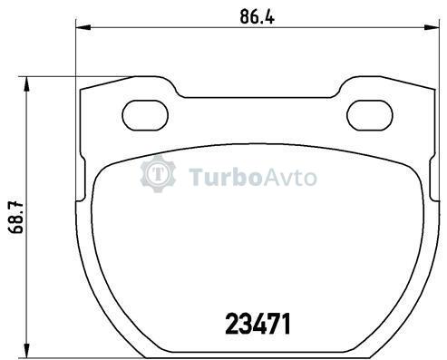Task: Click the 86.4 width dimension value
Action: pos(258,16)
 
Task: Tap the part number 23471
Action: pos(258,324)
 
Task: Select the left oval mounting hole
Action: pos(145,115)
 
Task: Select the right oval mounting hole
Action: pos(370,115)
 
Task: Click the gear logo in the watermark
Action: pos(158,173)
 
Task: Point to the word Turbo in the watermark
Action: pos(225,178)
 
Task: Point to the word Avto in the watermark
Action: pos(290,178)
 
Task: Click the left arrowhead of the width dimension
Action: pos(83,27)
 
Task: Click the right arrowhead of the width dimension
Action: pos(432,27)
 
